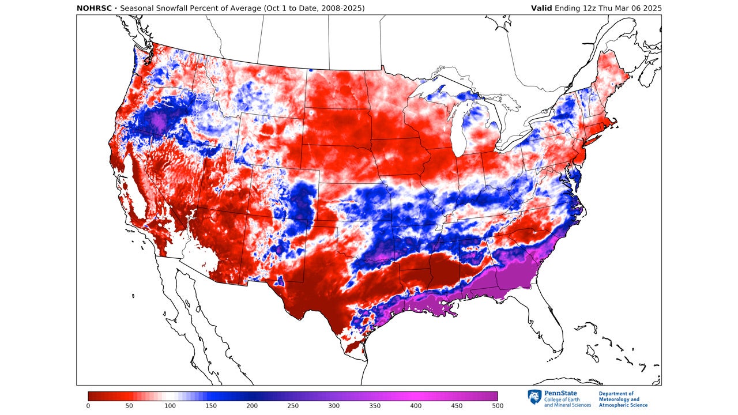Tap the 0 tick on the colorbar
(x=88, y=406)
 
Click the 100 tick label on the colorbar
(x=170, y=406)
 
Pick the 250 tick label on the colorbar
(x=293, y=406)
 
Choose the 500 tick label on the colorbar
(x=497, y=406)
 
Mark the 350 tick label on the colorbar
(x=375, y=406)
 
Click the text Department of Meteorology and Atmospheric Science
(x=623, y=399)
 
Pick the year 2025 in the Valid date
(x=652, y=8)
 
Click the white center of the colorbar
(x=170, y=396)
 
